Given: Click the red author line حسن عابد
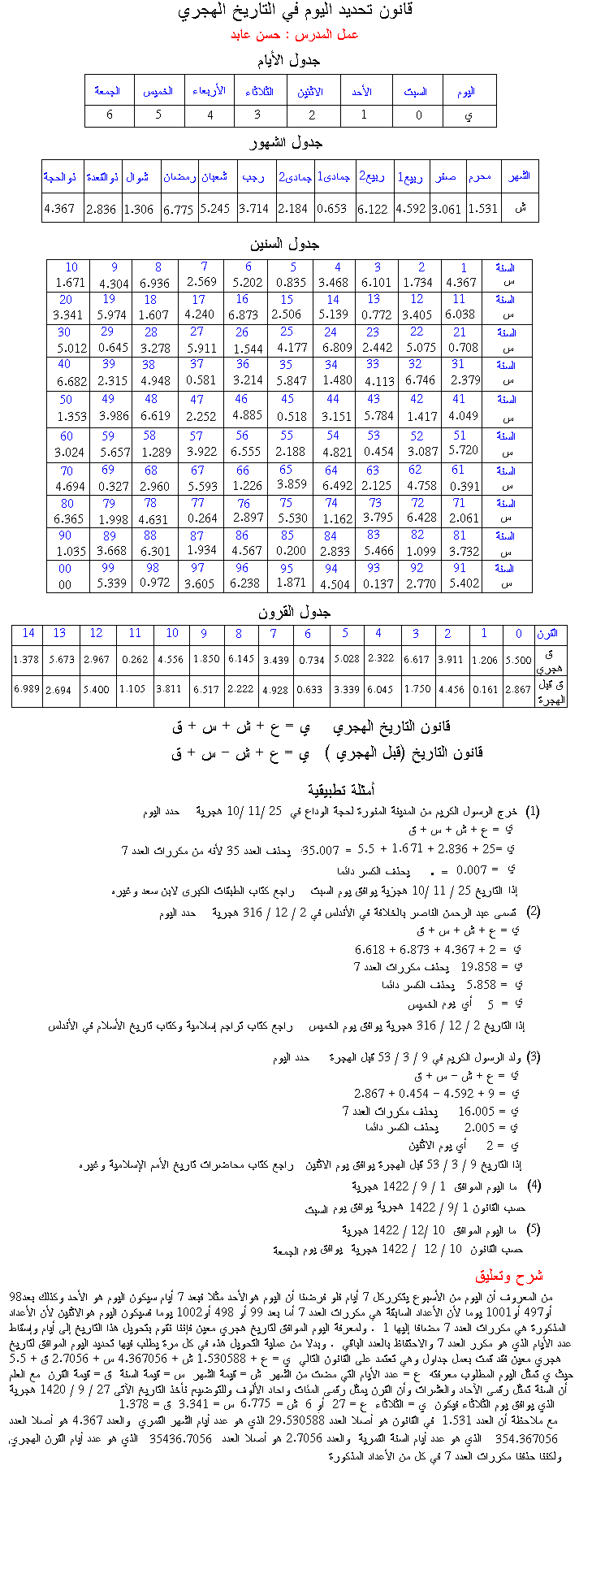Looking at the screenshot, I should click(x=295, y=35).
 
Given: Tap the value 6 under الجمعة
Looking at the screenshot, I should click(x=110, y=115).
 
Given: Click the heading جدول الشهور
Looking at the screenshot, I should click(x=286, y=143).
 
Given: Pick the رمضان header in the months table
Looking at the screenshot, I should click(x=179, y=176).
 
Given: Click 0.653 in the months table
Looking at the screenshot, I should click(x=332, y=208).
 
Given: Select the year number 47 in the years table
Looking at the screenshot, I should click(x=197, y=399).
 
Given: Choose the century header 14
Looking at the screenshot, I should click(x=28, y=633).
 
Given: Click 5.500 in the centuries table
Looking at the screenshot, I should click(x=518, y=661).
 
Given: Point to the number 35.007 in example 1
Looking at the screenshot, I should click(x=320, y=850).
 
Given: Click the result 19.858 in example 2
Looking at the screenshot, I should click(x=478, y=967).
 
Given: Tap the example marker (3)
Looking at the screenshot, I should click(x=534, y=1056).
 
